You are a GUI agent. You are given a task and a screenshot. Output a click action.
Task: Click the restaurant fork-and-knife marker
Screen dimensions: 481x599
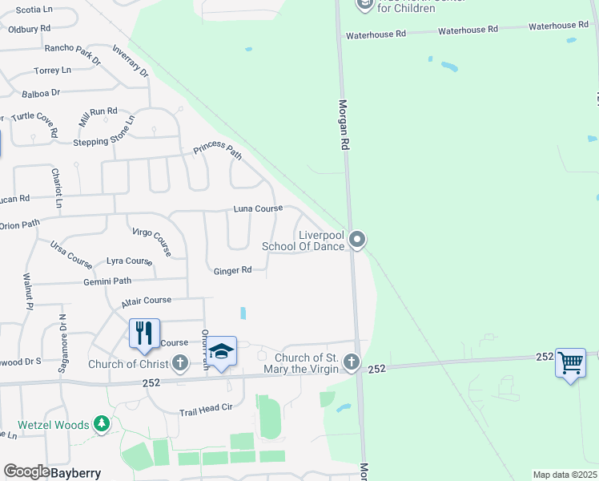pyautogui.click(x=144, y=333)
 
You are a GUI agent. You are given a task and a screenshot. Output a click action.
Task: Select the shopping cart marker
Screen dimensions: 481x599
pyautogui.click(x=569, y=363)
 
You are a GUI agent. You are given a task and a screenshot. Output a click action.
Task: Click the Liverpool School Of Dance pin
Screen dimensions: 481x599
pyautogui.click(x=358, y=239)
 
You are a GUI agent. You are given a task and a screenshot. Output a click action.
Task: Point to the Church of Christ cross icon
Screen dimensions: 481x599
pyautogui.click(x=179, y=364)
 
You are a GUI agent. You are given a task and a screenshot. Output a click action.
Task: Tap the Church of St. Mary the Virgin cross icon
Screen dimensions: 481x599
pyautogui.click(x=351, y=363)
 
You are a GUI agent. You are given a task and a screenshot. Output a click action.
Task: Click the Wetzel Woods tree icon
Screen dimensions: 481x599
pyautogui.click(x=101, y=424)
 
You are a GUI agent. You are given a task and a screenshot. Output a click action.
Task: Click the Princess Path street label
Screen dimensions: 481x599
pyautogui.click(x=217, y=151)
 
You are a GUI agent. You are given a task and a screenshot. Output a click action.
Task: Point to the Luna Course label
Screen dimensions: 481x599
pyautogui.click(x=258, y=208)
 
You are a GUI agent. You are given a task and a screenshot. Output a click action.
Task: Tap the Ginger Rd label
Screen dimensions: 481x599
pyautogui.click(x=232, y=271)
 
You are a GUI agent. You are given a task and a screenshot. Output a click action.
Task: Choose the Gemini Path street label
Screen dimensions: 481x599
pyautogui.click(x=107, y=281)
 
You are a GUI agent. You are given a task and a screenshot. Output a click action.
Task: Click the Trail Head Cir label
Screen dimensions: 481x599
pyautogui.click(x=206, y=408)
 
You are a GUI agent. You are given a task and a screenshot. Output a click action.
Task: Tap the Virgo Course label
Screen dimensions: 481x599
pyautogui.click(x=151, y=240)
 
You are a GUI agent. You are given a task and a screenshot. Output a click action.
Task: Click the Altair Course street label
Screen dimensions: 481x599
pyautogui.click(x=147, y=301)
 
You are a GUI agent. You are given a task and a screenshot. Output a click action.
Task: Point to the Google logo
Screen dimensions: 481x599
pyautogui.click(x=26, y=472)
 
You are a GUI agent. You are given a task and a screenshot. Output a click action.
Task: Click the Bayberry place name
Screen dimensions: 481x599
pyautogui.click(x=77, y=473)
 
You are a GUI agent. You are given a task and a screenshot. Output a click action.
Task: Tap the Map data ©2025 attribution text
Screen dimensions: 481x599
pyautogui.click(x=565, y=475)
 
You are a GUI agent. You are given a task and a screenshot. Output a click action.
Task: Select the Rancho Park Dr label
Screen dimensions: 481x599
pyautogui.click(x=73, y=54)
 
